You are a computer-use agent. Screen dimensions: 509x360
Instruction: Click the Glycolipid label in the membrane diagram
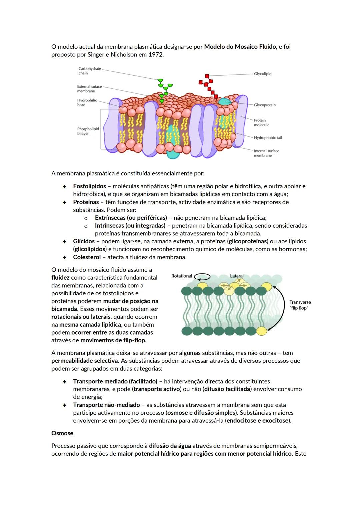263,74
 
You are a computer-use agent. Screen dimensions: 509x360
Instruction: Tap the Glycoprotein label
265,105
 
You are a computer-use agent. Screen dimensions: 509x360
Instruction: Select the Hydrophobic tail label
268,138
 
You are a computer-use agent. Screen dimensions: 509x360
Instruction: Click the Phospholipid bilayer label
88,131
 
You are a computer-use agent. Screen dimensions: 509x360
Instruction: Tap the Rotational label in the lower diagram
182,276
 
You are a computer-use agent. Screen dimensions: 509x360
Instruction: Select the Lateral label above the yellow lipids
237,276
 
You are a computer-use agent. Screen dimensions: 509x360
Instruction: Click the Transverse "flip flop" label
300,305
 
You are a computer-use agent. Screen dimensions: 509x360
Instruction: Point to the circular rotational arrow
202,277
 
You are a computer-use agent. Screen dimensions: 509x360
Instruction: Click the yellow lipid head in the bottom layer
262,331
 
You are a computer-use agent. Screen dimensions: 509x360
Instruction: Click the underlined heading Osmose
62,433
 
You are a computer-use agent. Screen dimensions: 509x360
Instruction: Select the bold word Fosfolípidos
89,186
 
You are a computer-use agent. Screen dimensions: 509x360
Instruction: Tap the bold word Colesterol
87,257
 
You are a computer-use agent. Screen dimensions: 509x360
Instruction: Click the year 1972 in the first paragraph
156,54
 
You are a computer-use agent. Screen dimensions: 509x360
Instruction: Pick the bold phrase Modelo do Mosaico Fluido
240,47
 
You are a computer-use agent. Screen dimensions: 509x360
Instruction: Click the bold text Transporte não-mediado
106,405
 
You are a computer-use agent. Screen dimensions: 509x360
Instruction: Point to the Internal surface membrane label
266,153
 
